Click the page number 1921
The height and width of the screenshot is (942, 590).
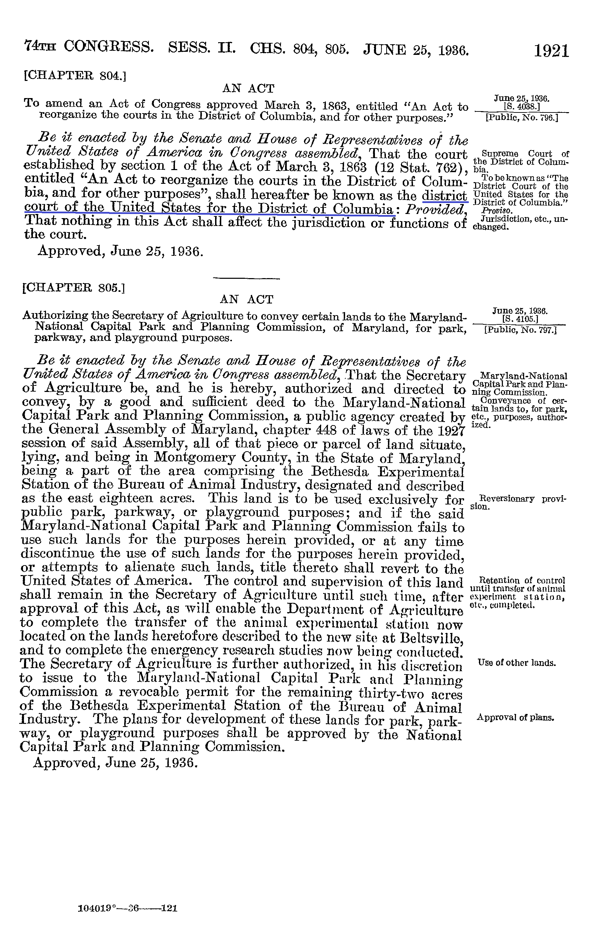551,51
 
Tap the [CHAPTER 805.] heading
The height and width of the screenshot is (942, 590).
74,288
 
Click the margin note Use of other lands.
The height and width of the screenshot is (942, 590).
516,663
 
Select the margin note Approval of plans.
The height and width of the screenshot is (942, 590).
516,718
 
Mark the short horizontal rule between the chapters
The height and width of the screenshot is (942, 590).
246,278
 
